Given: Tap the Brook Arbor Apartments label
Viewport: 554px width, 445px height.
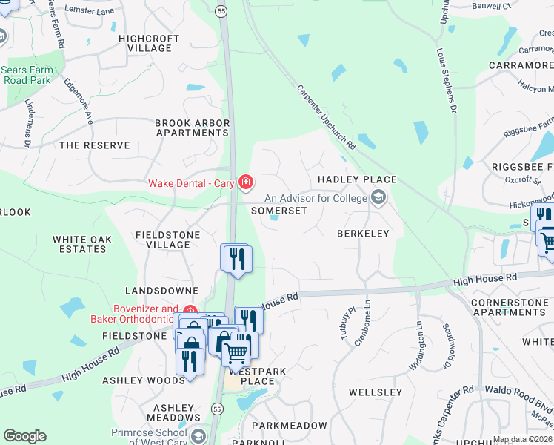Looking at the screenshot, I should click(192, 128).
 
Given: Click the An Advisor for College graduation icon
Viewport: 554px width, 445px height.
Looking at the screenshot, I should click(379, 197).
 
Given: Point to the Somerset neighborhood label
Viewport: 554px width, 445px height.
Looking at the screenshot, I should click(278, 211).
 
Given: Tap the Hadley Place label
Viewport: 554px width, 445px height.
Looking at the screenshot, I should click(357, 180).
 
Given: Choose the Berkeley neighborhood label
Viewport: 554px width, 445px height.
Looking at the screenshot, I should click(363, 234).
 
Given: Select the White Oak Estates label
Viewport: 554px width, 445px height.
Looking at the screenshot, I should click(80, 244).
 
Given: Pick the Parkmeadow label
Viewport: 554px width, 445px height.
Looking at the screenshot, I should click(289, 426).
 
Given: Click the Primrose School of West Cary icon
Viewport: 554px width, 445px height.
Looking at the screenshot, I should click(198, 435).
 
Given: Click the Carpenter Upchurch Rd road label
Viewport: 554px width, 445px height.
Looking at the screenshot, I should click(327, 116).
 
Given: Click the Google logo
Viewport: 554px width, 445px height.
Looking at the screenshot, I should click(24, 436).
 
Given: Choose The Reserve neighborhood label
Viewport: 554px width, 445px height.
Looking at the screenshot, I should click(94, 145).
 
